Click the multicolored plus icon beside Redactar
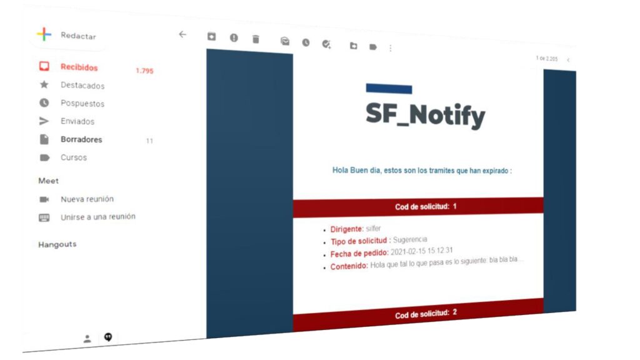[44, 34]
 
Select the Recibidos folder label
[79, 67]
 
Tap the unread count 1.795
[144, 71]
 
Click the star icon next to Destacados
[44, 84]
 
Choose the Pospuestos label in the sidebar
[82, 103]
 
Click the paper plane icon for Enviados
[44, 121]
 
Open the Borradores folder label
[81, 139]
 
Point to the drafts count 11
[149, 141]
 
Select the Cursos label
[74, 157]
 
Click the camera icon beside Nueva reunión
[44, 199]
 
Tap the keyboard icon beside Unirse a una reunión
[44, 217]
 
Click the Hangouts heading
[57, 244]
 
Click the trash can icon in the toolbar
[256, 39]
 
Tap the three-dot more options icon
[391, 48]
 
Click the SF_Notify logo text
[425, 116]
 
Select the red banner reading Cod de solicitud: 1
[418, 207]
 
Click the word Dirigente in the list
[347, 229]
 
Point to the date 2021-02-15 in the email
[408, 251]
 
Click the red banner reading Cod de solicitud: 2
[418, 315]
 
